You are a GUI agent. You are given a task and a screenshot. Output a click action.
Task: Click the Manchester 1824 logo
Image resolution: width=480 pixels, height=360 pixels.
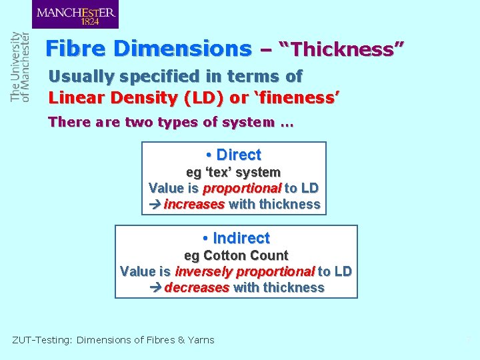(75, 15)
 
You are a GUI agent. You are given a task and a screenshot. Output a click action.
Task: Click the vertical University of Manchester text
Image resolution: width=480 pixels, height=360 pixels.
(20, 67)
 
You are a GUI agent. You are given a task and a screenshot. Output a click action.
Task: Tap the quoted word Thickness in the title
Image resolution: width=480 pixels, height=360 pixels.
(343, 49)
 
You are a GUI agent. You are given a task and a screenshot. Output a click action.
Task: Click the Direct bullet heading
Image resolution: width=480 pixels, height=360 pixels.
(234, 155)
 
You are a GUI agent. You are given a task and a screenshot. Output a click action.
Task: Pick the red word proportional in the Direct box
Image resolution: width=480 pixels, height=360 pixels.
(242, 188)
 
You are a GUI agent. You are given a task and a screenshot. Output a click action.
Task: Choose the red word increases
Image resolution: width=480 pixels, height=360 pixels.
(194, 205)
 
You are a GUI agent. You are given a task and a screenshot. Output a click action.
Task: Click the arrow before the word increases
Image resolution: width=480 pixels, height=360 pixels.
(155, 205)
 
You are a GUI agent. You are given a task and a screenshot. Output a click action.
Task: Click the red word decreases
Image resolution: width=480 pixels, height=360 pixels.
(197, 288)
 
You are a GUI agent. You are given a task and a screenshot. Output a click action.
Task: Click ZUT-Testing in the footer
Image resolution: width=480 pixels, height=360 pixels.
(41, 340)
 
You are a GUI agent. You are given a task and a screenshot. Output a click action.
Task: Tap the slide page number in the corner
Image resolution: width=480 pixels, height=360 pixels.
(468, 340)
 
